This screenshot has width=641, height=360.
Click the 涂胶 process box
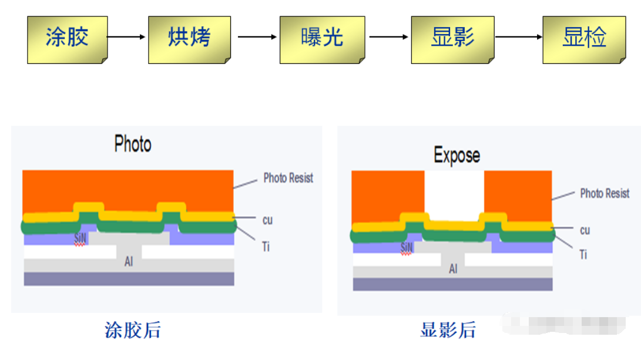tap(67, 39)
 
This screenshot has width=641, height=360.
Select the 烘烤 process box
tap(189, 39)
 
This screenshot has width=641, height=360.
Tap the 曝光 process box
tap(321, 39)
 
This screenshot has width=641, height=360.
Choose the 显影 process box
tap(452, 39)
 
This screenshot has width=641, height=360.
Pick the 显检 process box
tap(583, 39)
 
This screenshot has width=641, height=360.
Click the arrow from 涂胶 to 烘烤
tap(127, 37)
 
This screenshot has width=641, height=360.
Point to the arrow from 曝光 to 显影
tap(388, 37)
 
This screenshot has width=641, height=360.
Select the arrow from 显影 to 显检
tap(518, 37)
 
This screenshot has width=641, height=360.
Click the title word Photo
tap(132, 144)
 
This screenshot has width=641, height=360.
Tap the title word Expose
tap(457, 156)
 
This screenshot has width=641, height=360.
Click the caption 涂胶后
tap(132, 330)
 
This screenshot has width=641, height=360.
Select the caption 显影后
tap(448, 330)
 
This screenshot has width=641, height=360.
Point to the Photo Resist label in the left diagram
tap(288, 178)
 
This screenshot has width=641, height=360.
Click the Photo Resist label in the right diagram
tap(605, 193)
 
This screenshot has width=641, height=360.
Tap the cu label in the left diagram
tap(267, 220)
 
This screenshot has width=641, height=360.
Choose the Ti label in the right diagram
tap(583, 255)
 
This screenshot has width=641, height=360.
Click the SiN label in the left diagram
tap(80, 238)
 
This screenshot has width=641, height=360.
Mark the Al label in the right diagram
tap(453, 269)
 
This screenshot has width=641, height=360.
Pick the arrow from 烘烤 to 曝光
tap(257, 37)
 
